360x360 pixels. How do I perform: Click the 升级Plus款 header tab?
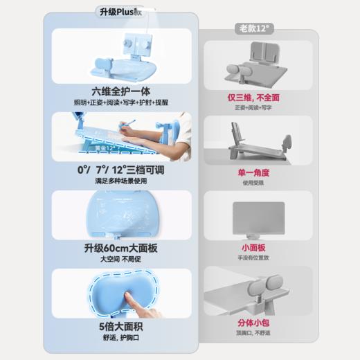pyautogui.click(x=121, y=11)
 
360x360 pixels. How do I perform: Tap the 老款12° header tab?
pyautogui.click(x=255, y=28)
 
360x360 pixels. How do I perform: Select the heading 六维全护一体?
pyautogui.click(x=121, y=91)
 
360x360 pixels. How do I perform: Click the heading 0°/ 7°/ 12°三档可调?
pyautogui.click(x=121, y=170)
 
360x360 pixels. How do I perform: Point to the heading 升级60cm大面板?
pyautogui.click(x=121, y=249)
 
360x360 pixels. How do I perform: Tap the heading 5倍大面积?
pyautogui.click(x=121, y=327)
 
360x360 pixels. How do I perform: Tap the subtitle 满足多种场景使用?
pyautogui.click(x=121, y=181)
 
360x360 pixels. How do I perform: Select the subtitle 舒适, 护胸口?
pyautogui.click(x=121, y=338)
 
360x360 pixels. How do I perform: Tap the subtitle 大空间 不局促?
pyautogui.click(x=121, y=260)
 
